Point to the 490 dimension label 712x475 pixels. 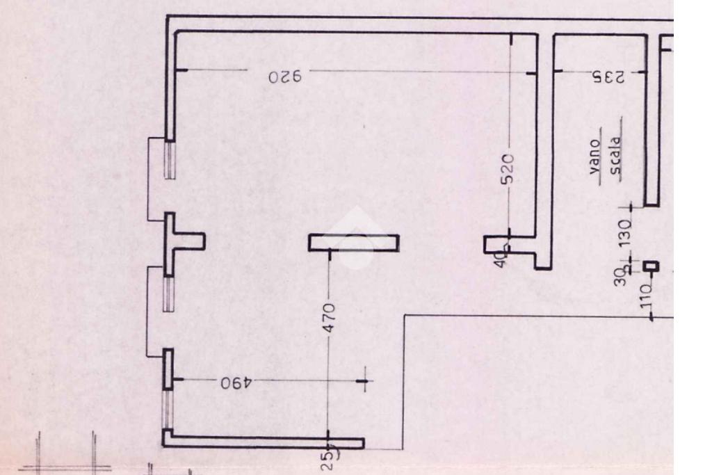tap(234, 383)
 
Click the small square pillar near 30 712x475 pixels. tap(651, 266)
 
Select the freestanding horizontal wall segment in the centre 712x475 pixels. tap(354, 243)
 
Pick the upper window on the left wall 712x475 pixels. tap(169, 158)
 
